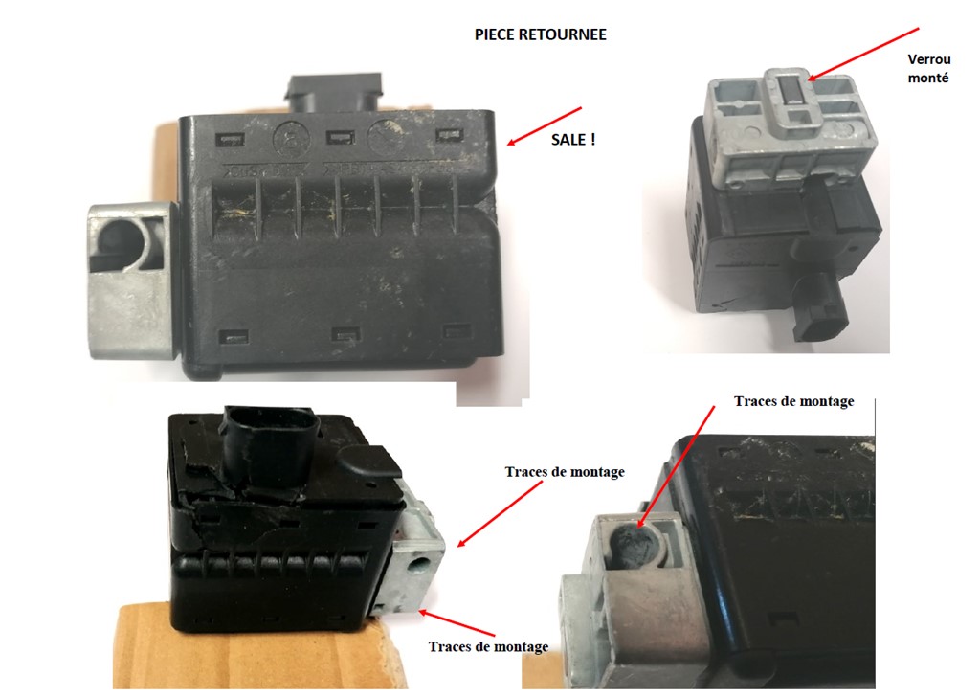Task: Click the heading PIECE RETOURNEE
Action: [541, 34]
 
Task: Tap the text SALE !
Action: [573, 140]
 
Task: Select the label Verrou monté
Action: [928, 69]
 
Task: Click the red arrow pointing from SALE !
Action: [544, 125]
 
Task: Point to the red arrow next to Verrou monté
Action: [863, 55]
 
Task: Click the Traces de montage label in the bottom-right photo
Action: [793, 401]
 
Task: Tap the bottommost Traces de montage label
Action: [488, 646]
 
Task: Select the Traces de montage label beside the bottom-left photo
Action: [565, 472]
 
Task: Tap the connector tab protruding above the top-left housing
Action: [334, 95]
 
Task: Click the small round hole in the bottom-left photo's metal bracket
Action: [416, 567]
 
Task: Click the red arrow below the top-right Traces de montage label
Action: [676, 466]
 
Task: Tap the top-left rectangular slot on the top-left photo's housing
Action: [230, 139]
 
